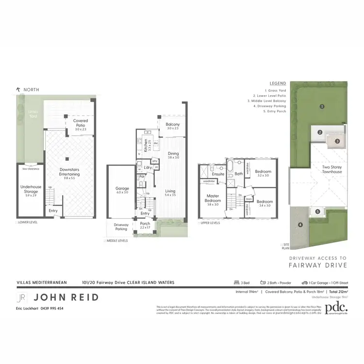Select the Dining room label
(173, 155)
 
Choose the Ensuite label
(218, 174)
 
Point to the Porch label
(145, 225)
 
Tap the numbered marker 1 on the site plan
(321, 106)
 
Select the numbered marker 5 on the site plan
(317, 211)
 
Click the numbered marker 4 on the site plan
(300, 225)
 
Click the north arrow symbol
(18, 90)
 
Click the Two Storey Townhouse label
(332, 169)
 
